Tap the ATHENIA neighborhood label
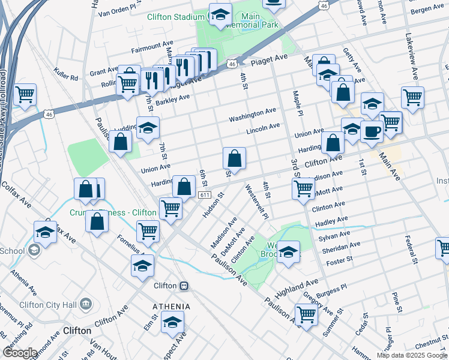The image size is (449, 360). click(171, 307)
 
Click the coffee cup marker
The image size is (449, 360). click(372, 131)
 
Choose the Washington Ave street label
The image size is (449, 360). click(252, 113)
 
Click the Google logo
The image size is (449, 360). click(20, 352)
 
